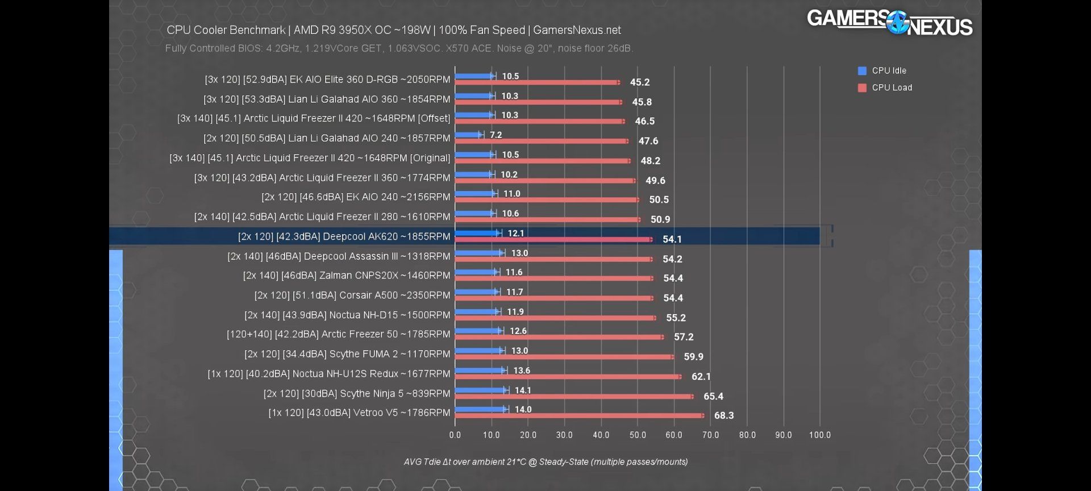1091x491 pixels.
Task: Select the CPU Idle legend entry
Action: tap(889, 70)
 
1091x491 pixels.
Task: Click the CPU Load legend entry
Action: tap(892, 88)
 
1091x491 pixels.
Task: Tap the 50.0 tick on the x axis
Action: tap(638, 435)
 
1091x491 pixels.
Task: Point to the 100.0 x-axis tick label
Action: tap(819, 435)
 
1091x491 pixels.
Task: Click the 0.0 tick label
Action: tap(455, 435)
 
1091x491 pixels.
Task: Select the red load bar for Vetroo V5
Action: tap(578, 415)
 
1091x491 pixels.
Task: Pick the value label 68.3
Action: tap(724, 415)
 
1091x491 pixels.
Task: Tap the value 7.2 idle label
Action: tap(496, 135)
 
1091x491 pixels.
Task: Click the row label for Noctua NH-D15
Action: tap(347, 315)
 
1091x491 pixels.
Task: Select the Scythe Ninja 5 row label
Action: tap(357, 393)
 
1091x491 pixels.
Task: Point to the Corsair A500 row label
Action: tap(352, 295)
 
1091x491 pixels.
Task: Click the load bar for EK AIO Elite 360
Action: tap(537, 82)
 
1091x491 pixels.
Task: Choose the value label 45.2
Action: tap(640, 82)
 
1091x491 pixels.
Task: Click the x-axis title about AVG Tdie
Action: tap(545, 462)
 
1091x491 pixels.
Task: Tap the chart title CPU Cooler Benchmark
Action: tap(393, 30)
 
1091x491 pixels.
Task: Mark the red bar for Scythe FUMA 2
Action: tap(564, 357)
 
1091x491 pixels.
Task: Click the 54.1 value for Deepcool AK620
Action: tap(672, 239)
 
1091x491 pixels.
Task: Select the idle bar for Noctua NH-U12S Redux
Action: tap(480, 371)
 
